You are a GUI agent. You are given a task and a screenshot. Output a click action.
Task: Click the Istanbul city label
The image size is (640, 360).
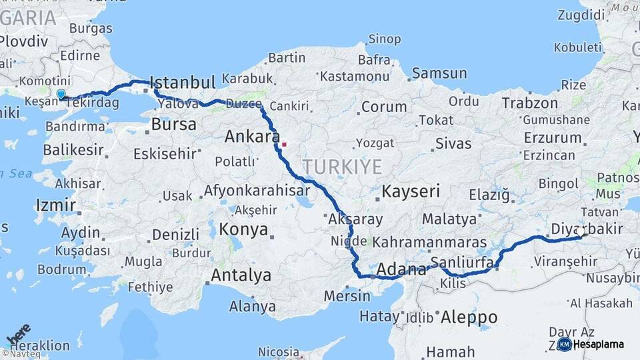tap(183, 83)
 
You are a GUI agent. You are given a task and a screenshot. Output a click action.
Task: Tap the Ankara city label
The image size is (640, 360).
tap(252, 137)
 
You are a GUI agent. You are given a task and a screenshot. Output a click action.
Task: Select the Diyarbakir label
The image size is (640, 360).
tap(587, 229)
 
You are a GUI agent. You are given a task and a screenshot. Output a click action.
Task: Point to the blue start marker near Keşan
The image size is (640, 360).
tap(61, 95)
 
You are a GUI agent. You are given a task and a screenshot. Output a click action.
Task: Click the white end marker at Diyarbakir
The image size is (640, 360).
tap(580, 233)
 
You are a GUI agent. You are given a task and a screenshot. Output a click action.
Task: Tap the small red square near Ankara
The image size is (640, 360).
tap(284, 143)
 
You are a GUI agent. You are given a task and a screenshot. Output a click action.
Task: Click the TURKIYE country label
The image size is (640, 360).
tap(342, 167)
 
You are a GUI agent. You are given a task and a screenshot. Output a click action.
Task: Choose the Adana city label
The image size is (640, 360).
tap(401, 270)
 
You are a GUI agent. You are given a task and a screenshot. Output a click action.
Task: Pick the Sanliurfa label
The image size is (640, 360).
tap(462, 261)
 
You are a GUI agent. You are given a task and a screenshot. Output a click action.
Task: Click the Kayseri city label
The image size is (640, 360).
tap(411, 192)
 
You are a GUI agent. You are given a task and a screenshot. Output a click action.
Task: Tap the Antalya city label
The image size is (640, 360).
tap(241, 275)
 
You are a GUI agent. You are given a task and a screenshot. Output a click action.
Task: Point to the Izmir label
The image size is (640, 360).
tap(56, 205)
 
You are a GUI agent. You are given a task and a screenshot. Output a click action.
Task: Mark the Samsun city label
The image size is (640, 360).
tap(439, 73)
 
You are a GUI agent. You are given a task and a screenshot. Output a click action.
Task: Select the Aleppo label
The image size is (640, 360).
tap(469, 317)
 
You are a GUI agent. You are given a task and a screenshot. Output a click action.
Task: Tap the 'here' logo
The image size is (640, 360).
tap(18, 333)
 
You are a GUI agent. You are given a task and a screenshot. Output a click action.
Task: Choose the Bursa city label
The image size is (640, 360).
tap(173, 124)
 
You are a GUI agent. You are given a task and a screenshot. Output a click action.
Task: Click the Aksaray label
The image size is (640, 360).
tap(355, 219)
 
